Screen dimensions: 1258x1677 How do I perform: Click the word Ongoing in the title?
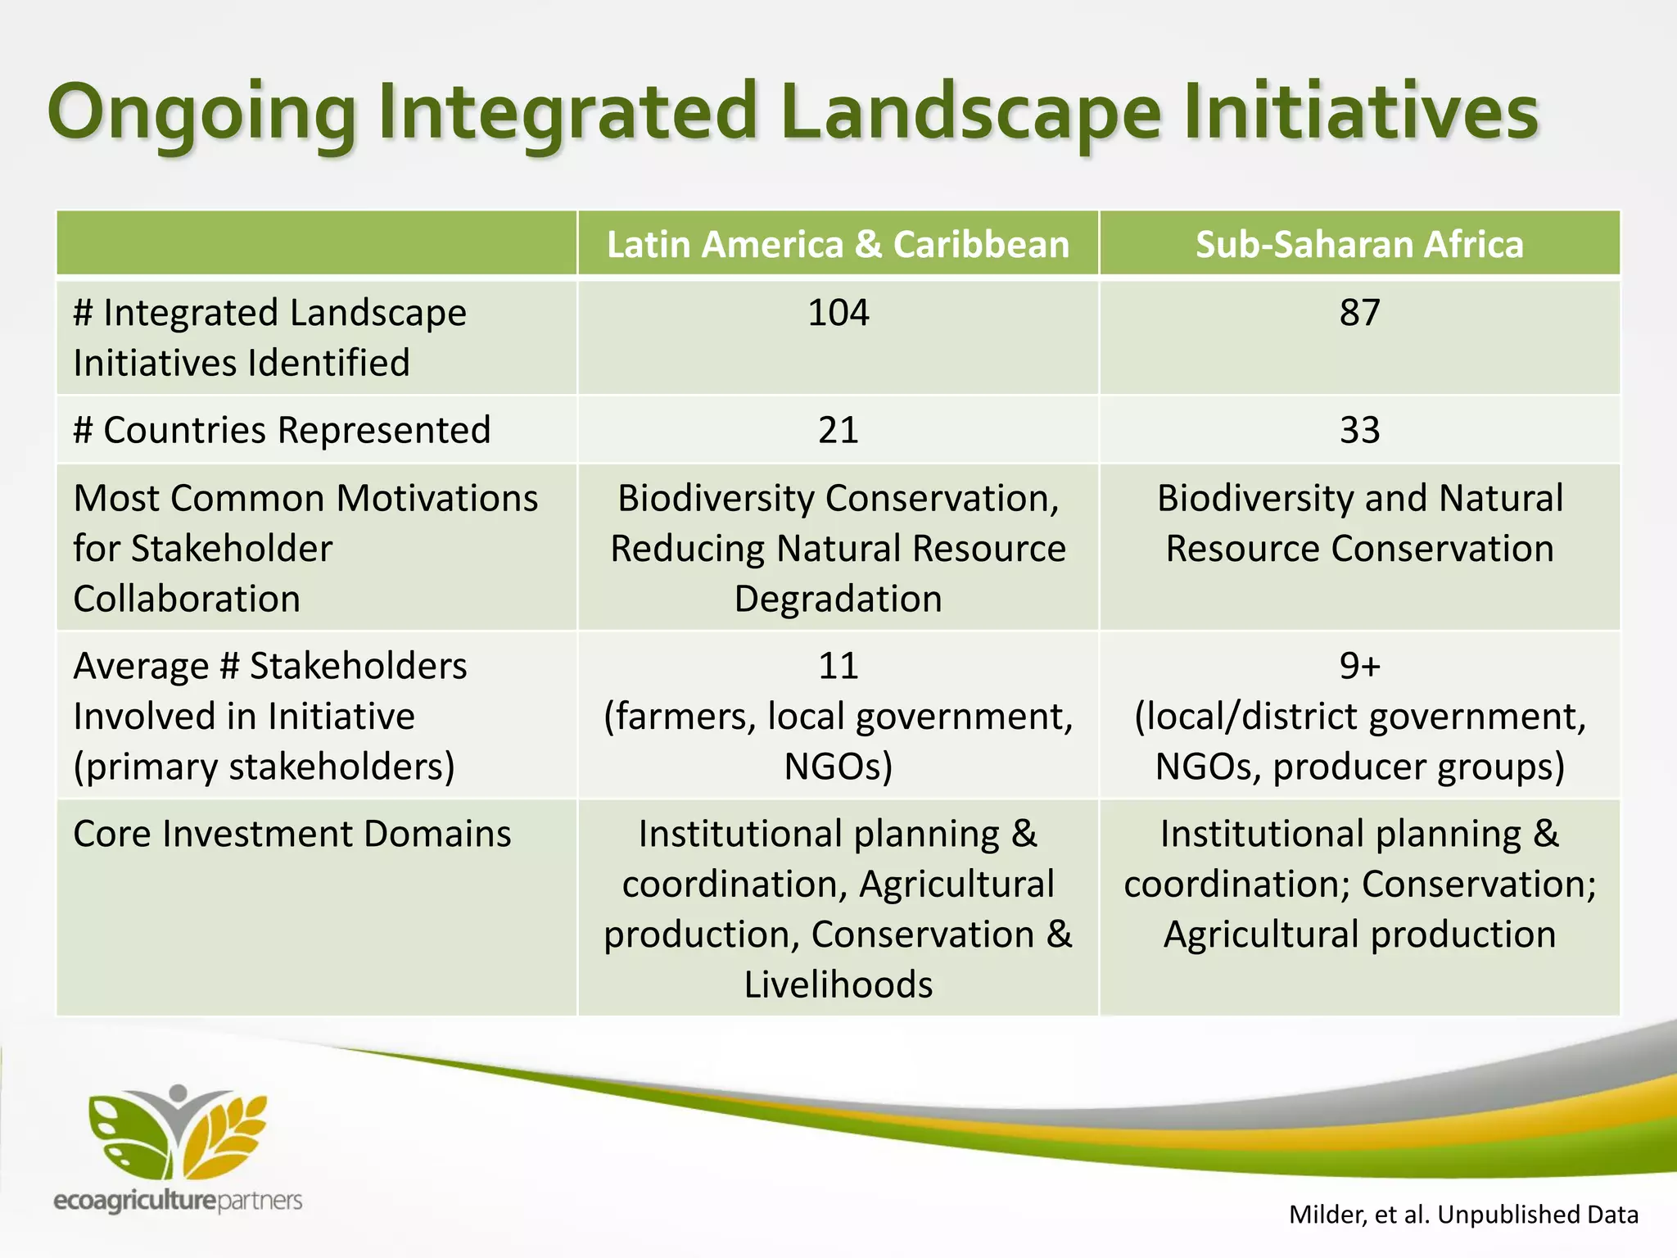pyautogui.click(x=201, y=113)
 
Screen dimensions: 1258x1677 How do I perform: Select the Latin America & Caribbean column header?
pyautogui.click(x=838, y=244)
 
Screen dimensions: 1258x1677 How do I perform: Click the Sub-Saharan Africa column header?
pyautogui.click(x=1359, y=244)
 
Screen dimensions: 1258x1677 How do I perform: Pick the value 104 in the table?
pyautogui.click(x=838, y=313)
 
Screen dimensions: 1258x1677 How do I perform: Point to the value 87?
pyautogui.click(x=1359, y=313)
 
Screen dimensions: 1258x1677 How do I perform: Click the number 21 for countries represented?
pyautogui.click(x=838, y=430)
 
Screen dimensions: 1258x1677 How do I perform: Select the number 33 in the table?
pyautogui.click(x=1359, y=430)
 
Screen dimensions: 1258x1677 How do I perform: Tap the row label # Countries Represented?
pyautogui.click(x=282, y=430)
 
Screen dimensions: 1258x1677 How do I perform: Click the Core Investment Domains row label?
pyautogui.click(x=292, y=834)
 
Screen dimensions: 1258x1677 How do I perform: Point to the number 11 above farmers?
pyautogui.click(x=838, y=666)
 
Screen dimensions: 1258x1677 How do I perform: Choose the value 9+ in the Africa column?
pyautogui.click(x=1359, y=666)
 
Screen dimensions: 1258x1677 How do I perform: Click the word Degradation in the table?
pyautogui.click(x=838, y=599)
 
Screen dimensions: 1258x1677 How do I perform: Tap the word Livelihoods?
pyautogui.click(x=838, y=984)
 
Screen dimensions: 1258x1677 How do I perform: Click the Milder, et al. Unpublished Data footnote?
pyautogui.click(x=1463, y=1214)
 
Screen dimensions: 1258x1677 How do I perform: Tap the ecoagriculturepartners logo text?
pyautogui.click(x=178, y=1201)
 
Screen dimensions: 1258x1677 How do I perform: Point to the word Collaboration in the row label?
pyautogui.click(x=187, y=599)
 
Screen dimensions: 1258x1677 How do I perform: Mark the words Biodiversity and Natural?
pyautogui.click(x=1359, y=498)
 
